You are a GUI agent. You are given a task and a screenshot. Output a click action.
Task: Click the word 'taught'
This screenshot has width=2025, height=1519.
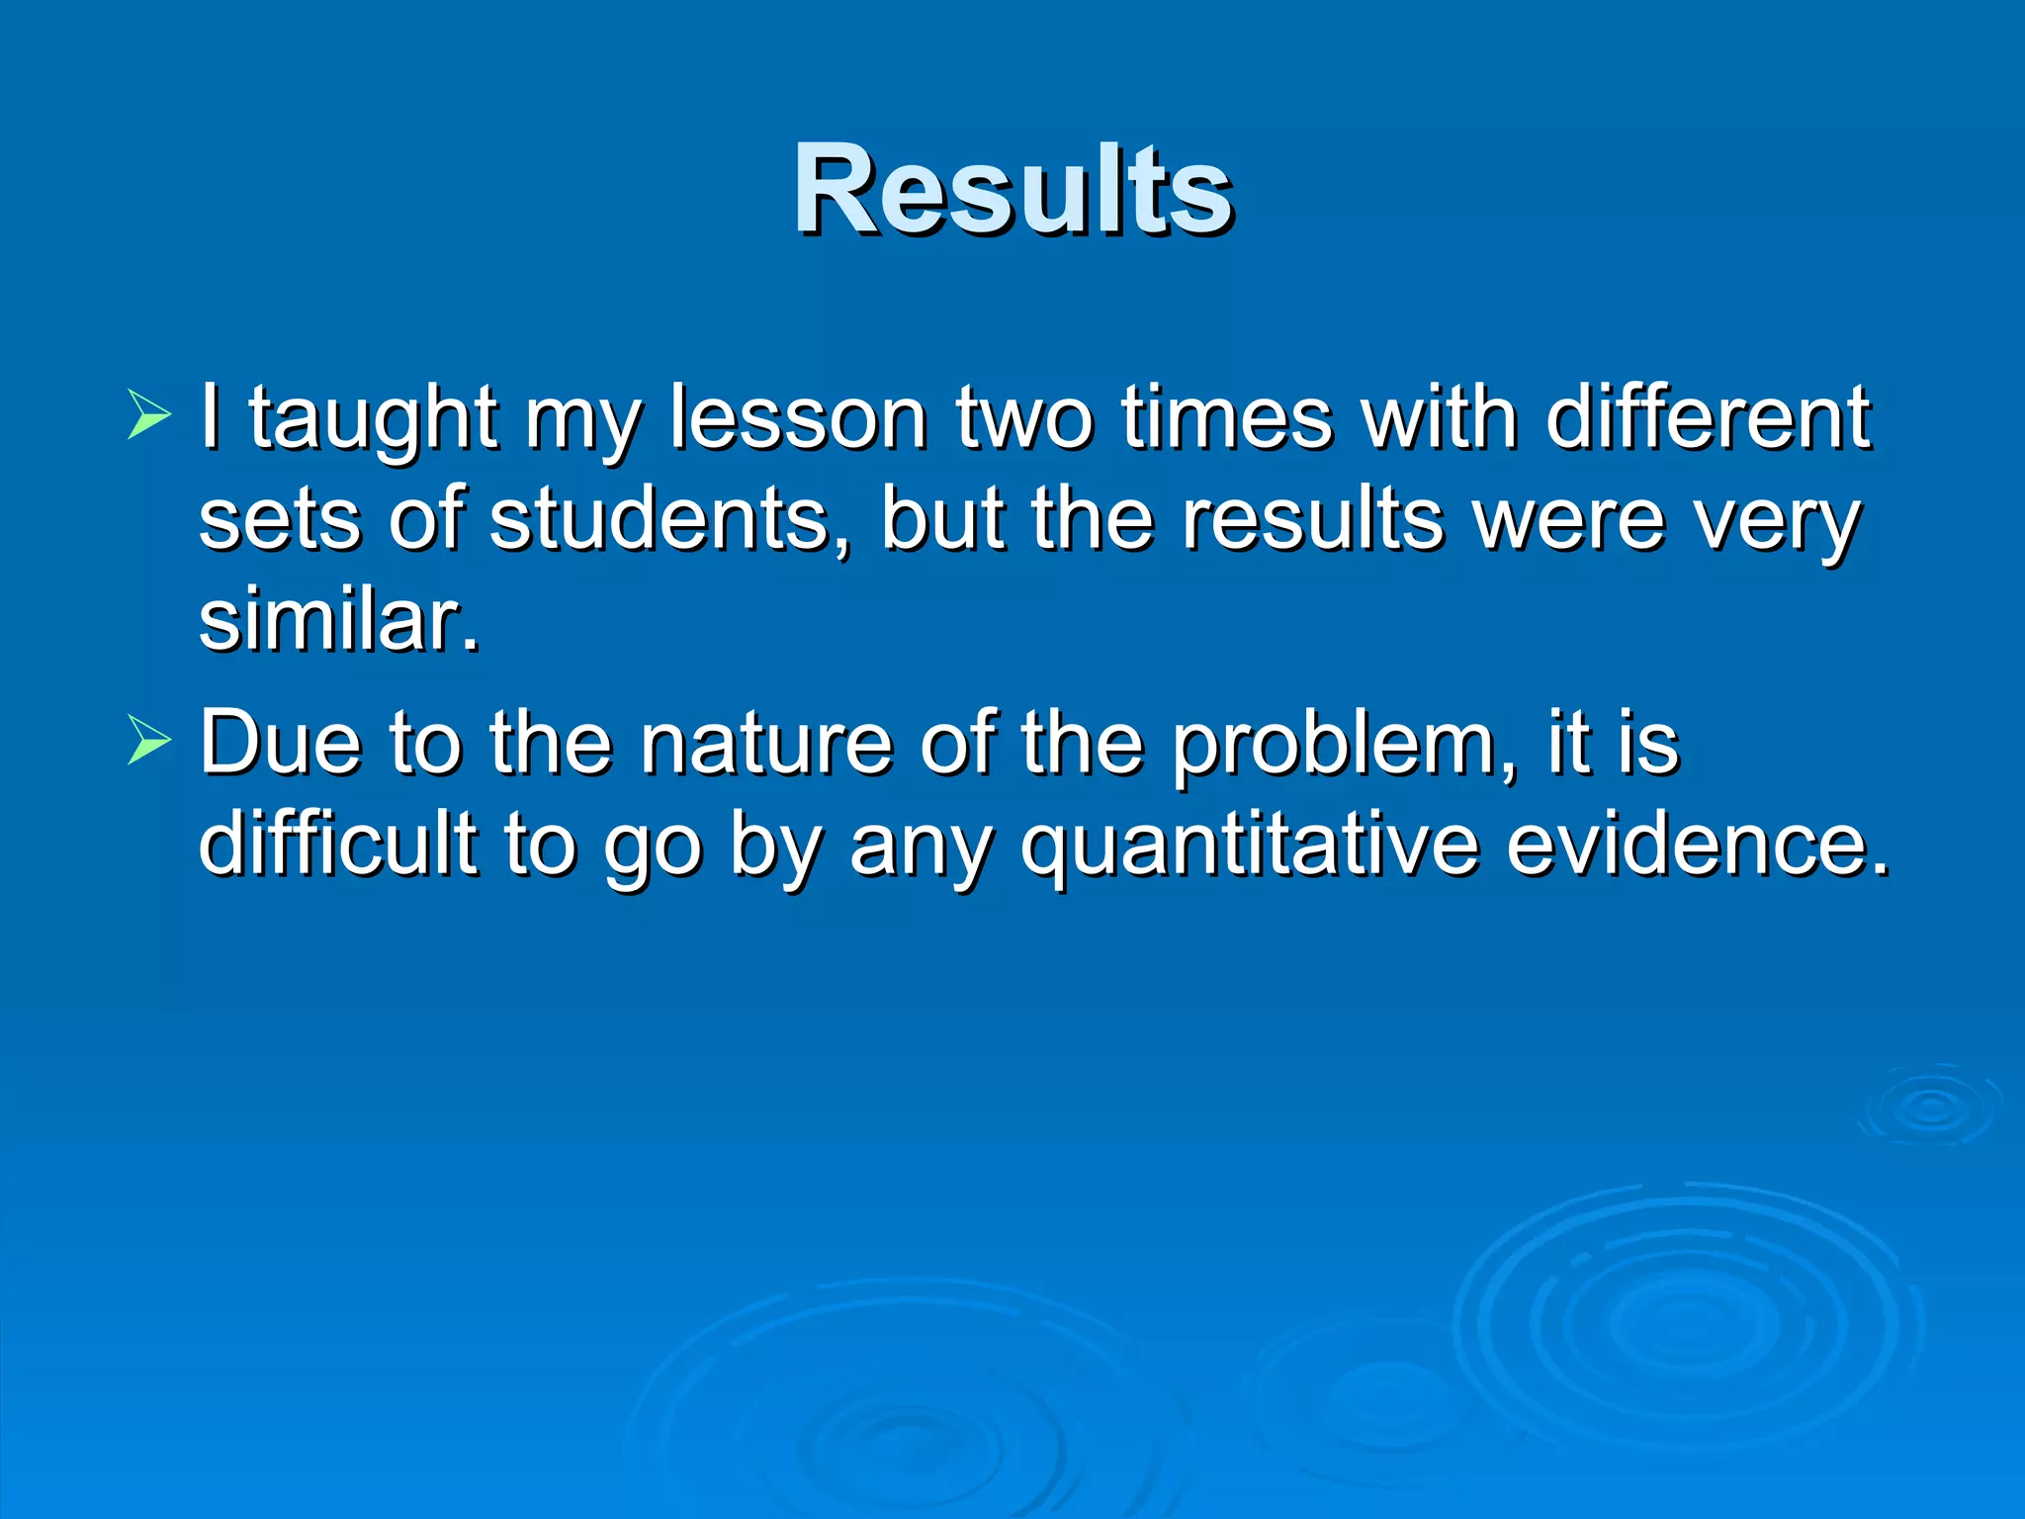373,420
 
